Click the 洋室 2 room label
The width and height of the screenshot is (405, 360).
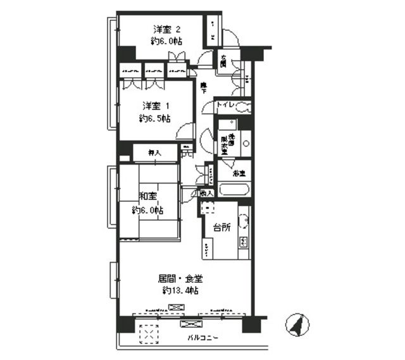click(x=167, y=29)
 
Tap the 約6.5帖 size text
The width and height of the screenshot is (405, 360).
click(x=155, y=118)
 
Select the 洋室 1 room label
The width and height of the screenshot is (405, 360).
click(x=155, y=105)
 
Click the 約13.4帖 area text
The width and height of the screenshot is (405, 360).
click(x=180, y=290)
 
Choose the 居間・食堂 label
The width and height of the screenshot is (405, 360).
click(x=180, y=278)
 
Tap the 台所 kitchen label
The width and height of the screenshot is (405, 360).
click(x=220, y=227)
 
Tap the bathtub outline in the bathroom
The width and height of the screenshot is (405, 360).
click(x=234, y=189)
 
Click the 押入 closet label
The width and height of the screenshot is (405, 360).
click(x=154, y=152)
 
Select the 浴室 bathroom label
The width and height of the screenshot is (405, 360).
click(x=239, y=172)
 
